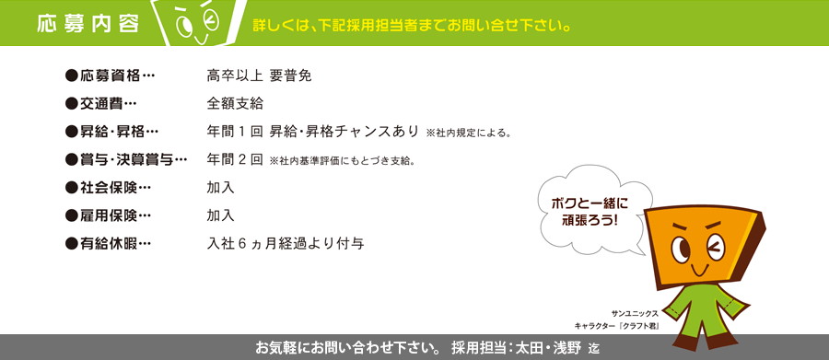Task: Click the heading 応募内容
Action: tap(88, 24)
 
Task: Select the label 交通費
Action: tap(100, 104)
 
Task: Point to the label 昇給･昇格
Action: tap(111, 133)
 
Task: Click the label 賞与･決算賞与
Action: tap(126, 159)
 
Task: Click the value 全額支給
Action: tap(235, 104)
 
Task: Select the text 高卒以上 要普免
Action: tap(259, 76)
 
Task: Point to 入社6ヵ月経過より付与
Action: tap(286, 244)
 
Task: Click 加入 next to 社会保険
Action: tap(220, 188)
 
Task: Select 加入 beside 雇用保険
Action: tap(220, 215)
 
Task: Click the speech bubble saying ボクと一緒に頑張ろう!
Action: tap(591, 212)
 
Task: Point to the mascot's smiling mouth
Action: tap(697, 270)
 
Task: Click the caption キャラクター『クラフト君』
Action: tap(616, 326)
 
